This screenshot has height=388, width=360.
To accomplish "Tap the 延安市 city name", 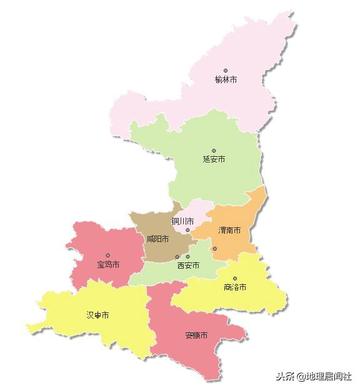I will (x=213, y=159).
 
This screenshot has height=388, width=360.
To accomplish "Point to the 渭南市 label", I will (x=233, y=229).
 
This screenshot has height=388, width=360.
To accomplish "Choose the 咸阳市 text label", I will (x=158, y=239).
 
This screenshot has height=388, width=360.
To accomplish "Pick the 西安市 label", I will (x=187, y=265).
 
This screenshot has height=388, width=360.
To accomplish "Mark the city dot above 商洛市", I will (x=235, y=278).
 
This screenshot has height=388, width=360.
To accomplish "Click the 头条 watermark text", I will (x=287, y=377).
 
